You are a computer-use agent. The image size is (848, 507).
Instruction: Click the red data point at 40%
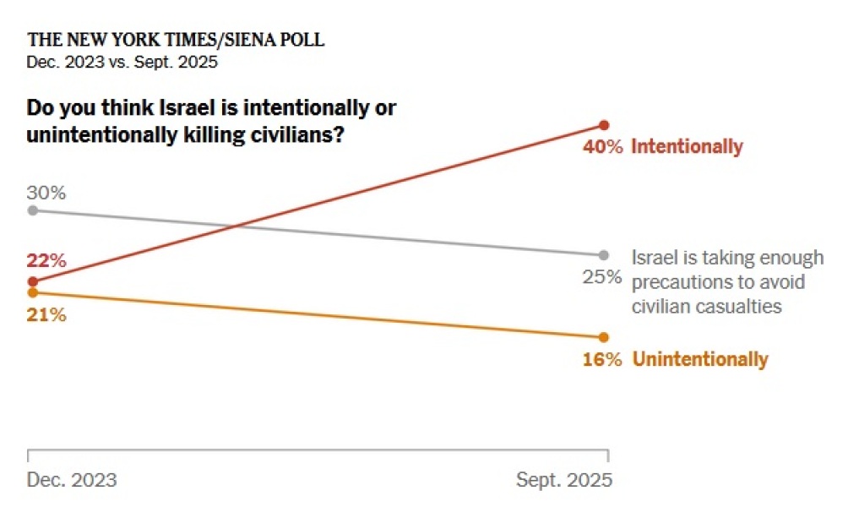(603, 125)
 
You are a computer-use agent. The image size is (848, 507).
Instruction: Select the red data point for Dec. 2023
(32, 281)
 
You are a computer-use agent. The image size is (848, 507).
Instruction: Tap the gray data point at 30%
(32, 210)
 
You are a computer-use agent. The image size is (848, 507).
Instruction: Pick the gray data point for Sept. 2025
(603, 254)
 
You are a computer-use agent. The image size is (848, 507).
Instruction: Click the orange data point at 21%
(32, 292)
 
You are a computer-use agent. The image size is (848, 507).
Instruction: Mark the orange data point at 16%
(603, 336)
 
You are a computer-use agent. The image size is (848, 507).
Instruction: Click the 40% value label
(602, 147)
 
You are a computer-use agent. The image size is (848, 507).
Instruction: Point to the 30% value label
(46, 192)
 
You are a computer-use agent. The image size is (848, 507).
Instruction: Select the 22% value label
(46, 260)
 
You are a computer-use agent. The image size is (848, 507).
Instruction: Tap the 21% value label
(46, 315)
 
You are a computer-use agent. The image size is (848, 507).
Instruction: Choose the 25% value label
(602, 276)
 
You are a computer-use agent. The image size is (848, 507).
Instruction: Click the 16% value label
(602, 359)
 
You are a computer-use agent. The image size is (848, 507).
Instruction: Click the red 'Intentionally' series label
(687, 147)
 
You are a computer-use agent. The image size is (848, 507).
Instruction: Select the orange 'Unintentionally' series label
(700, 359)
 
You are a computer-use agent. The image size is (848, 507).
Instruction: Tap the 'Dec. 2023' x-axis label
(72, 480)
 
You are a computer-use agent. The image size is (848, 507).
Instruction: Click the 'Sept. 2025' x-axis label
(563, 480)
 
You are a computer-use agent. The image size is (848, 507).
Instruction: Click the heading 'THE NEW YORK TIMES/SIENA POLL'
(176, 40)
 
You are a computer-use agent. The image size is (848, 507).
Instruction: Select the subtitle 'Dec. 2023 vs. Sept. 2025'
(122, 62)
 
